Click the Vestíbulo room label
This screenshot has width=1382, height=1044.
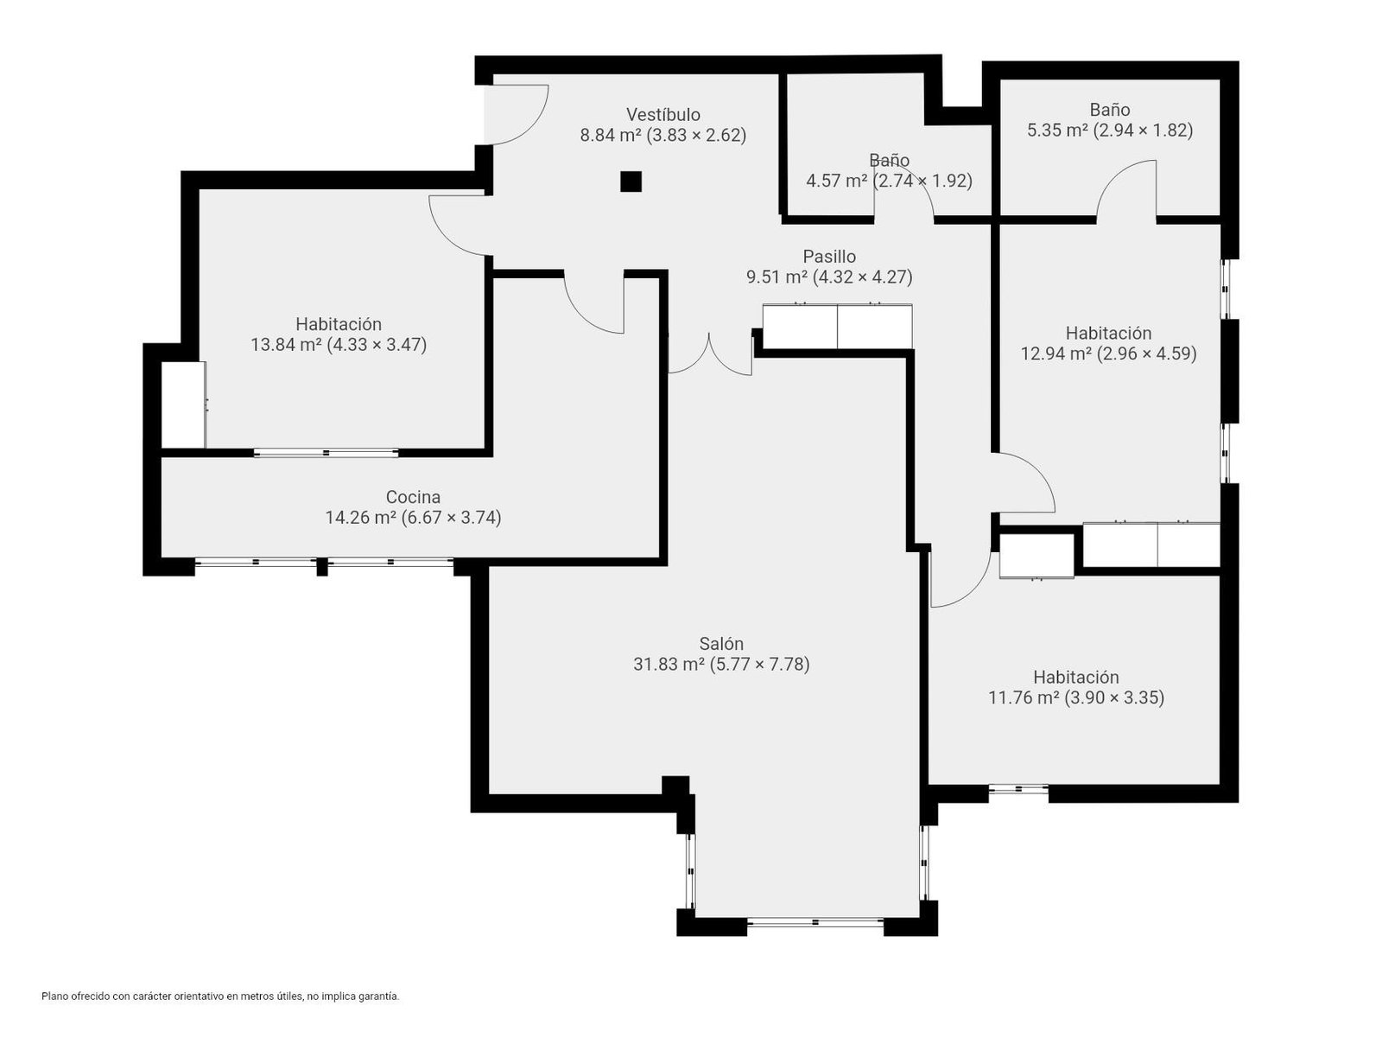663,114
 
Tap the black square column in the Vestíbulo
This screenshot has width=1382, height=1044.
631,181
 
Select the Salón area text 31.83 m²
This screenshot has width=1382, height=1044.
669,665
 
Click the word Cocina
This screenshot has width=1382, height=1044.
413,497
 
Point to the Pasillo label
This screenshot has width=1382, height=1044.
829,257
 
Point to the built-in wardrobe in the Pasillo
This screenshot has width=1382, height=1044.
837,326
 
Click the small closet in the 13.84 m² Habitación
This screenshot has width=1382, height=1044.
183,404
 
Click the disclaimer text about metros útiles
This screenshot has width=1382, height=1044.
220,996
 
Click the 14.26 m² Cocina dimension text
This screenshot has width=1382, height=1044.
413,518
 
